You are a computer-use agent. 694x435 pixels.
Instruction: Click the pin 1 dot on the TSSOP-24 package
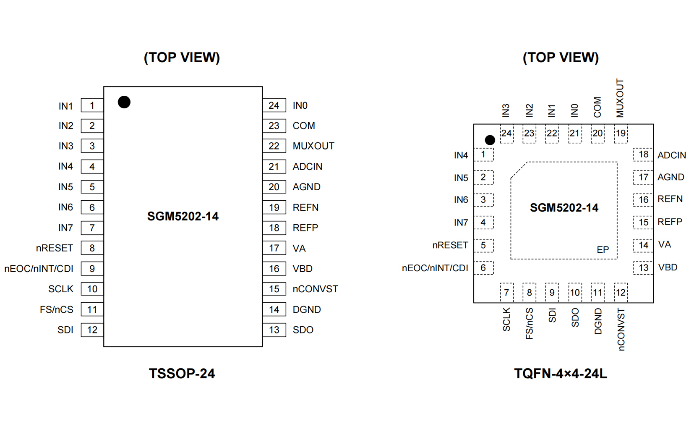coord(124,102)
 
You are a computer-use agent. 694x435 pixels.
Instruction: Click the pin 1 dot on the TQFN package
coord(489,140)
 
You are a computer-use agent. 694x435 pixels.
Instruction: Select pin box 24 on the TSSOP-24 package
coord(274,105)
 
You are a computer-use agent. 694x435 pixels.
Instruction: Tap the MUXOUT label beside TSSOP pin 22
coord(313,146)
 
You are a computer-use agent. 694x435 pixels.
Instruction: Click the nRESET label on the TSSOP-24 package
coord(55,248)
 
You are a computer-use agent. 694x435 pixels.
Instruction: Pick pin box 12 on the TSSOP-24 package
coord(92,330)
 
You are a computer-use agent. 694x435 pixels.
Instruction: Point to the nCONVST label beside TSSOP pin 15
coord(315,289)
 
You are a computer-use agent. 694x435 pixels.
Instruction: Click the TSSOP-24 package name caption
coord(182,373)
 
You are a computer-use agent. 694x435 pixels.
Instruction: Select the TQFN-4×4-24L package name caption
coord(560,373)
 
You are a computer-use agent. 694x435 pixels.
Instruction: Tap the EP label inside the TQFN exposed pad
coord(603,250)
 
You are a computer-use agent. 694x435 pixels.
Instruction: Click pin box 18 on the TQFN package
coord(643,155)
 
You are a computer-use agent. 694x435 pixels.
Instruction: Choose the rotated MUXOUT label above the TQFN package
coord(620,98)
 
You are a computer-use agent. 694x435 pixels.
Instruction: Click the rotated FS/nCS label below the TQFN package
coord(529,323)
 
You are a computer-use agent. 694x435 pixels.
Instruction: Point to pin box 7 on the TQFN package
coord(506,293)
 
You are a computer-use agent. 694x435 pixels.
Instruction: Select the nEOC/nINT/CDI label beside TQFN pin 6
coord(435,268)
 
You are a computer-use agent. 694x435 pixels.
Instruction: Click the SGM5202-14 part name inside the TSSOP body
coord(183,216)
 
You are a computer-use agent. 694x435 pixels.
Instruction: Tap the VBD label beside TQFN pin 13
coord(668,267)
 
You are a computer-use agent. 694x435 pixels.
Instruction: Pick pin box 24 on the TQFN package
coord(506,134)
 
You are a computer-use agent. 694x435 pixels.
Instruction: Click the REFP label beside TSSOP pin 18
coord(305,228)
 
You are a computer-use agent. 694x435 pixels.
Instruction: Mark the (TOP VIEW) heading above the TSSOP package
coord(182,58)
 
